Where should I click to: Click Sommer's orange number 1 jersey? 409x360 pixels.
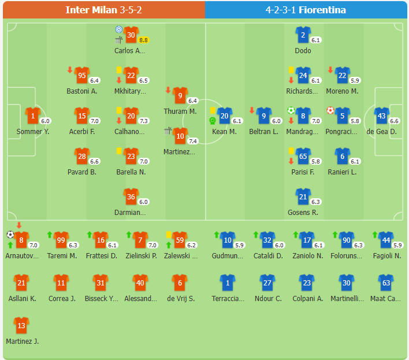pyautogui.click(x=33, y=116)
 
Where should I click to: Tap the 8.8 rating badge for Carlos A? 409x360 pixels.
pyautogui.click(x=143, y=40)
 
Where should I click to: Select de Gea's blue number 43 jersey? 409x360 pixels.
pyautogui.click(x=381, y=116)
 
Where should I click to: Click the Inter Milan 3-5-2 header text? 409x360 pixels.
pyautogui.click(x=102, y=10)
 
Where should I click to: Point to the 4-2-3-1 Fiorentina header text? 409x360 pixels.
pyautogui.click(x=306, y=10)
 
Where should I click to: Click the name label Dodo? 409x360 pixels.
pyautogui.click(x=303, y=51)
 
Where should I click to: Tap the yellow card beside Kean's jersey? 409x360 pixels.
pyautogui.click(x=213, y=110)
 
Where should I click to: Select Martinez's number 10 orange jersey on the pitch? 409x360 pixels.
pyautogui.click(x=180, y=136)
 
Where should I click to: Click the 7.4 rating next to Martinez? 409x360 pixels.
pyautogui.click(x=193, y=141)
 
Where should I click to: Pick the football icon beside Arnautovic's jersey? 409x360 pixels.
pyautogui.click(x=10, y=235)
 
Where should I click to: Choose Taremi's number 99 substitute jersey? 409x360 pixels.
pyautogui.click(x=61, y=239)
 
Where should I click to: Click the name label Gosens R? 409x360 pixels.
pyautogui.click(x=303, y=213)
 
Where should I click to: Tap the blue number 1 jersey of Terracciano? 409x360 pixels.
pyautogui.click(x=228, y=283)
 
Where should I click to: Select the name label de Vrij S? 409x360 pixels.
pyautogui.click(x=180, y=299)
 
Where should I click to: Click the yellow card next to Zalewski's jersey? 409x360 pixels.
pyautogui.click(x=169, y=235)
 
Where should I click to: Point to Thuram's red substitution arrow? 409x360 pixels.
pyautogui.click(x=168, y=90)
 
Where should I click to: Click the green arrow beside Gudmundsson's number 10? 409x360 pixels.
pyautogui.click(x=215, y=235)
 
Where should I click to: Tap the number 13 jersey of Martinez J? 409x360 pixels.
pyautogui.click(x=21, y=325)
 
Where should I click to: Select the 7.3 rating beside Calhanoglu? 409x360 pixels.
pyautogui.click(x=144, y=121)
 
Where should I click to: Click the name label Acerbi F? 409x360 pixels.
pyautogui.click(x=82, y=132)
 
